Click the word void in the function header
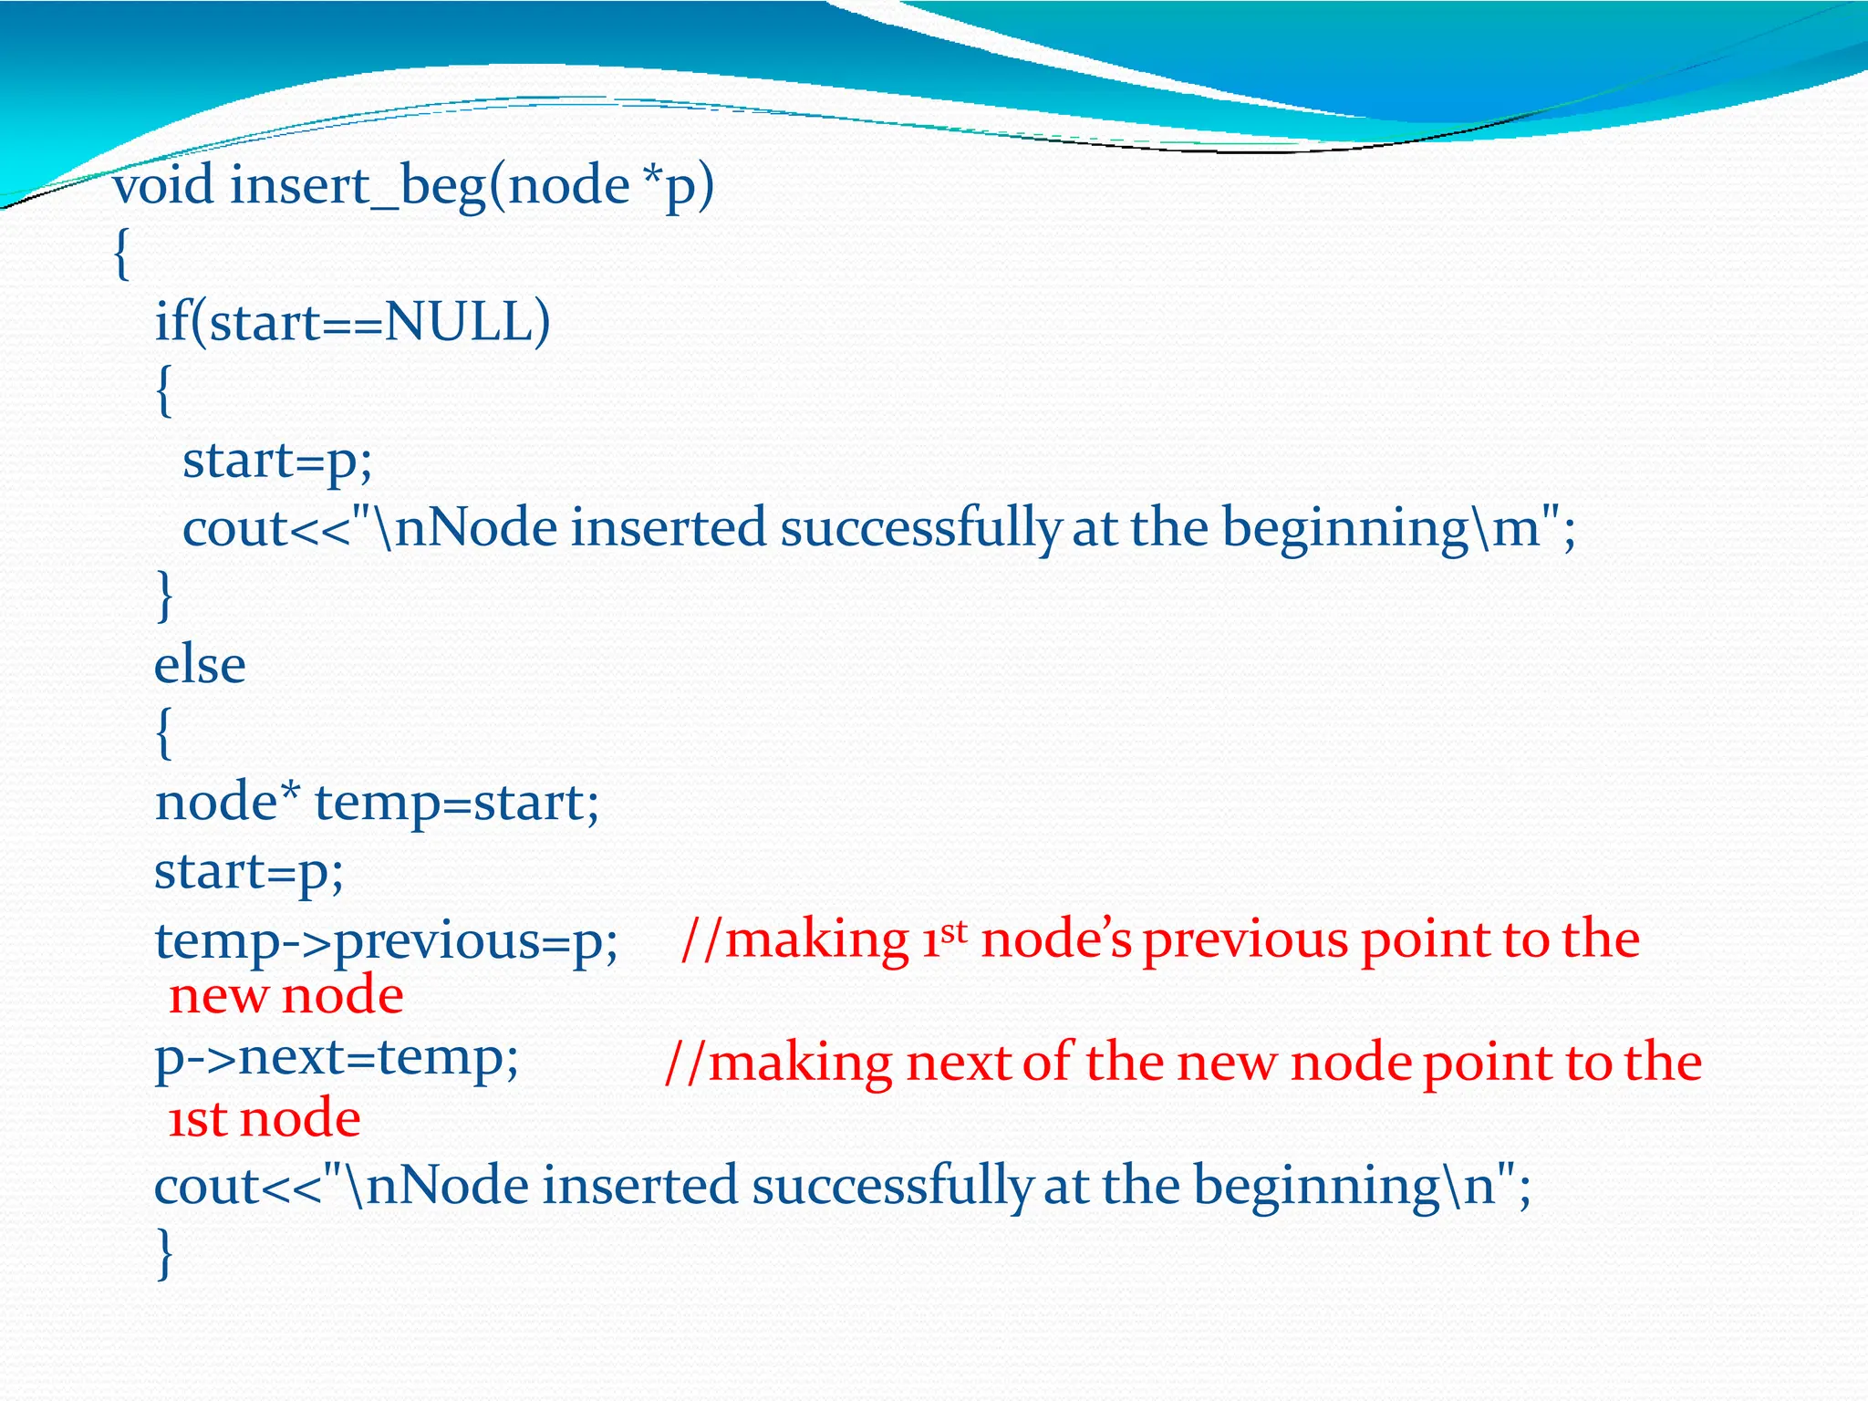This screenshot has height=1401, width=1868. (x=164, y=185)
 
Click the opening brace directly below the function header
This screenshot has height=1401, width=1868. (x=121, y=254)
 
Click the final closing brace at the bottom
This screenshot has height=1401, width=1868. (x=164, y=1253)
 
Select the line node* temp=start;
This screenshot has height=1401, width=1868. (x=377, y=803)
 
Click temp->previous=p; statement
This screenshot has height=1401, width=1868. (x=386, y=939)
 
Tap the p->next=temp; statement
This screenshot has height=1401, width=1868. (x=337, y=1058)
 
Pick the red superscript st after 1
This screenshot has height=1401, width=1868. (x=953, y=931)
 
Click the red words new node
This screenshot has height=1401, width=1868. (x=285, y=995)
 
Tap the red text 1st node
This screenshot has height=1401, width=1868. (x=265, y=1118)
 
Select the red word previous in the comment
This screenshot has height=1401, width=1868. (x=1245, y=939)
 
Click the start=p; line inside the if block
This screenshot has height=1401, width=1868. (x=277, y=460)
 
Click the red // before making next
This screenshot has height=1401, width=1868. (x=683, y=1064)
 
